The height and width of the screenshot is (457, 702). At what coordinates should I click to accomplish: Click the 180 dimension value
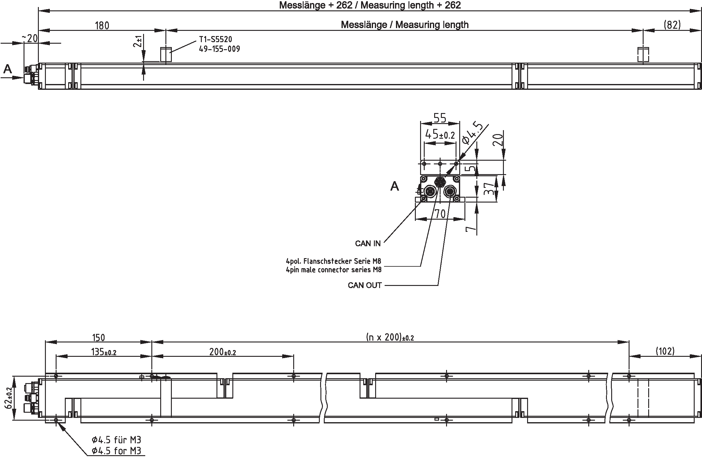102,25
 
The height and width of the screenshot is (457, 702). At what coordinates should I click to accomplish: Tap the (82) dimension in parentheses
672,25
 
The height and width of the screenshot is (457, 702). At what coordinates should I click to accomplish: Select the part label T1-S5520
216,39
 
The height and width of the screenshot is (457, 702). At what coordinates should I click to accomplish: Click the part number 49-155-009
219,49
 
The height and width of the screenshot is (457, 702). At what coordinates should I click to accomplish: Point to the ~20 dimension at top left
30,38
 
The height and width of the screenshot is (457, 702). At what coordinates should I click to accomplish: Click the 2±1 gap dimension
138,41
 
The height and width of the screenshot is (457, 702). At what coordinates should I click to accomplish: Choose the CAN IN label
368,243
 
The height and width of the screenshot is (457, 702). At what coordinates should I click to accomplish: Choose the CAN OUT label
364,285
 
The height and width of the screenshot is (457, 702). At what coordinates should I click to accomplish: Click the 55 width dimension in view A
440,118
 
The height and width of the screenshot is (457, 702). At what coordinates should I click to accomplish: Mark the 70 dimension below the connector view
440,214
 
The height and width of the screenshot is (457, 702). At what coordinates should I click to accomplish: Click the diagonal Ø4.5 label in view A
472,133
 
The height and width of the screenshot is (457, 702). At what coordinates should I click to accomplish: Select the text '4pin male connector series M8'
334,270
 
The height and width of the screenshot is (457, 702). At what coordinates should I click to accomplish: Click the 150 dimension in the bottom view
98,338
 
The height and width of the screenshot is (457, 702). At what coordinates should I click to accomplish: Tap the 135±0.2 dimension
104,352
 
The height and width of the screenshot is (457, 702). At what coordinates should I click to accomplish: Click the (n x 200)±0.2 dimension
390,337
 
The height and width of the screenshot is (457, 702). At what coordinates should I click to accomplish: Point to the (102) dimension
665,351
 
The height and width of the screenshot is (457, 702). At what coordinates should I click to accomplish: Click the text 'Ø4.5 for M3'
116,451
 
